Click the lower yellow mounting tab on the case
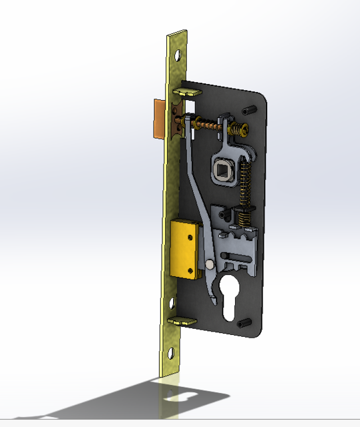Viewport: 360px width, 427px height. tap(181, 321)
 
